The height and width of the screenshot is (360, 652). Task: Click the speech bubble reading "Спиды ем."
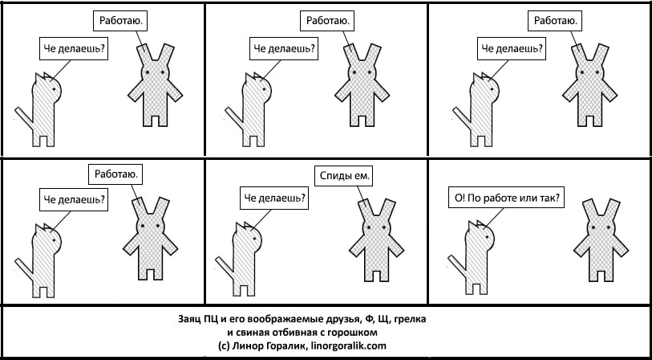point(344,176)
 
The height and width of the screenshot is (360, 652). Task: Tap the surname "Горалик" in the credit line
point(290,346)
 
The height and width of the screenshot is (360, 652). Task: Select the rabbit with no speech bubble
point(601,240)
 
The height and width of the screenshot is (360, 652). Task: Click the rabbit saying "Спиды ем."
point(376,240)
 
